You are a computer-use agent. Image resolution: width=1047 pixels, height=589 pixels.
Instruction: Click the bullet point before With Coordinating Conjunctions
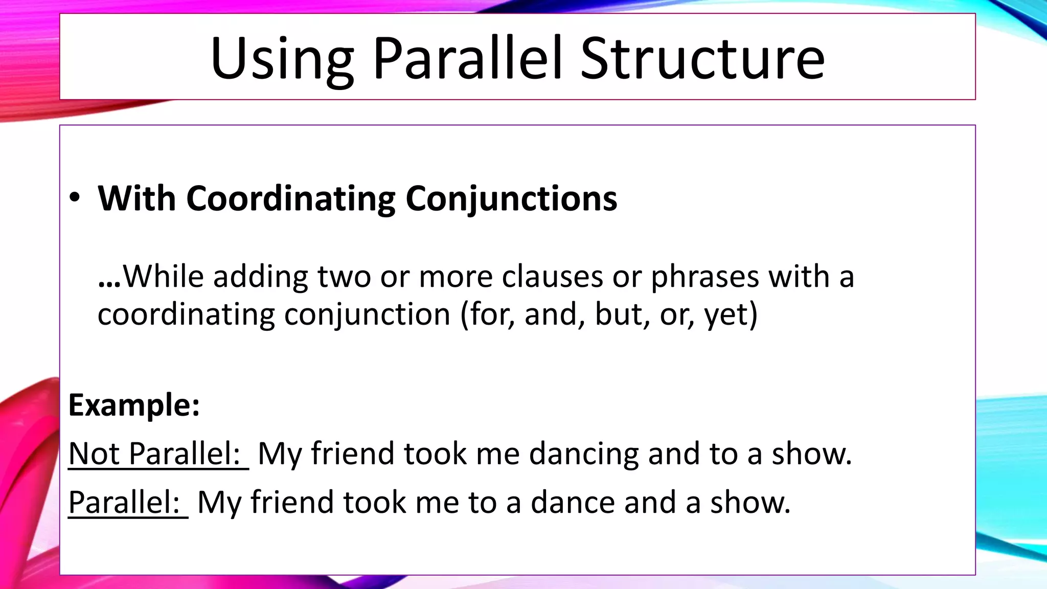(75, 198)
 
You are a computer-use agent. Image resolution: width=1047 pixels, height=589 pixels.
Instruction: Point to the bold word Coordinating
(290, 198)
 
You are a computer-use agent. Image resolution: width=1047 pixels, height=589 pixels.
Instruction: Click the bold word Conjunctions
(511, 198)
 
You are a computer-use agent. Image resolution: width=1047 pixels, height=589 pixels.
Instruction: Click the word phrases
(705, 278)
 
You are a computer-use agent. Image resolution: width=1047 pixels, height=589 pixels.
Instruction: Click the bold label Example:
(134, 405)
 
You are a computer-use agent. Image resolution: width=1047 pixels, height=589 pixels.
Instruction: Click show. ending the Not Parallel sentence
(811, 454)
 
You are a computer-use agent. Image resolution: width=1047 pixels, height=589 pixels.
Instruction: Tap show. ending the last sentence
(750, 502)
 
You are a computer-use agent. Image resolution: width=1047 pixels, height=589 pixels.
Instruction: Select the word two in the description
(344, 277)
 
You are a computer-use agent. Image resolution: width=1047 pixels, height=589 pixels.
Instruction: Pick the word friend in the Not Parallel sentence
(353, 454)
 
